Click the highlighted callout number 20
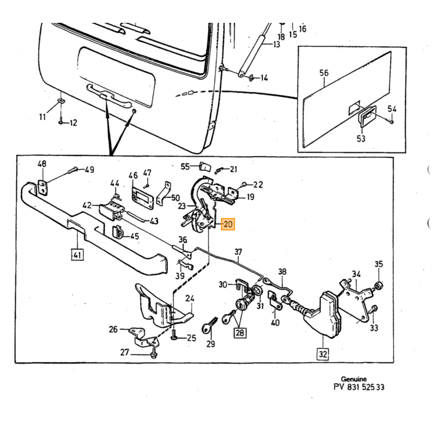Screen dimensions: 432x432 click(228, 224)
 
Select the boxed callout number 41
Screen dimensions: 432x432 click(77, 254)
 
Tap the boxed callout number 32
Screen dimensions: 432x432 click(323, 354)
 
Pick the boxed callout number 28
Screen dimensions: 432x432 click(240, 333)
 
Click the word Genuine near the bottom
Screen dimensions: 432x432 click(354, 379)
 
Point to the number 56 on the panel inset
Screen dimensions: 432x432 click(324, 73)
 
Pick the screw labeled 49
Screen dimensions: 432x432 click(73, 170)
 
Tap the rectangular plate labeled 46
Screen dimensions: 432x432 click(142, 198)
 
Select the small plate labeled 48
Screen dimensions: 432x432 click(42, 188)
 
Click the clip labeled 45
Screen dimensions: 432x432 click(118, 233)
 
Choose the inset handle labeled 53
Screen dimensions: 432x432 click(367, 116)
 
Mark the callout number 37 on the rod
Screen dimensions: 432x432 click(238, 252)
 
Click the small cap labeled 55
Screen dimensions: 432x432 click(205, 166)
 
